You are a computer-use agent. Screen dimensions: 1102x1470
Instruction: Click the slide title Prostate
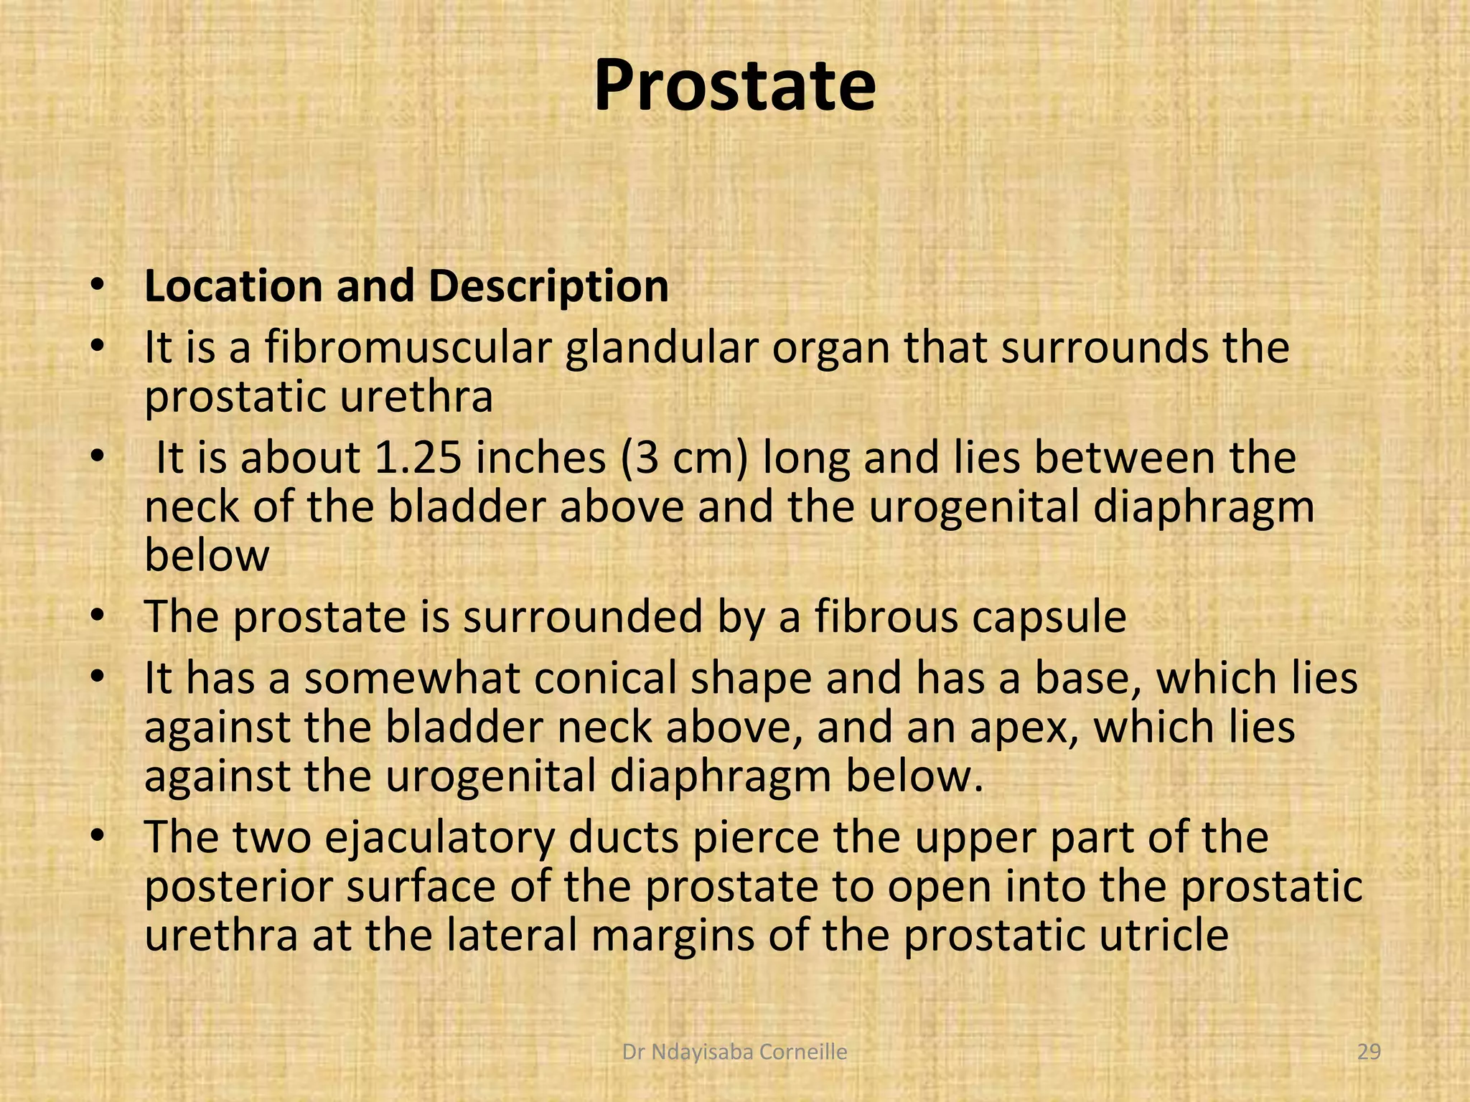coord(734,86)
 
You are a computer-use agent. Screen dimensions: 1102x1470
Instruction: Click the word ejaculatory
coord(440,838)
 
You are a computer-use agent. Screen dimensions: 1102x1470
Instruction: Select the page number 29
coord(1370,1052)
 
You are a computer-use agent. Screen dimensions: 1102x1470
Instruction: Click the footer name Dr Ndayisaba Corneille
coord(734,1052)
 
